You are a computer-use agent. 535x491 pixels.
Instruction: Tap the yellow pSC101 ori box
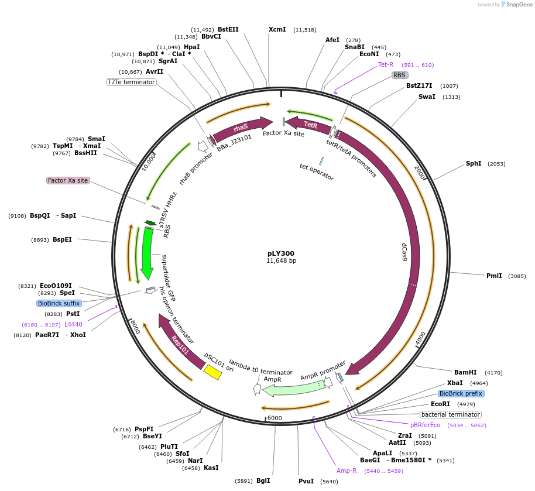click(212, 372)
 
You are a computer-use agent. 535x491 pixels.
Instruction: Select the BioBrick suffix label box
click(59, 303)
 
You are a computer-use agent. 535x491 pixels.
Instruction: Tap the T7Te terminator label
click(131, 82)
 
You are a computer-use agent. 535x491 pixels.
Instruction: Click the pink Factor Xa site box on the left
click(68, 180)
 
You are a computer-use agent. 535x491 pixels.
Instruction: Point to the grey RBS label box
click(399, 75)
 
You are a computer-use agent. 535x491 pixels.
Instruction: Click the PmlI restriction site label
click(494, 276)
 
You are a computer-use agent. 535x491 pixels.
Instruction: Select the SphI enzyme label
click(473, 163)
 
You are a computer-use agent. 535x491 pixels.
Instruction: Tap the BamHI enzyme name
click(465, 372)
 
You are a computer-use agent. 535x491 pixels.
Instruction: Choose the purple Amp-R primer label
click(346, 470)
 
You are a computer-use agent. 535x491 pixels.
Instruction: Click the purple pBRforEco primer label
click(425, 425)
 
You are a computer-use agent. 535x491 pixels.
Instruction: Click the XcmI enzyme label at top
click(277, 29)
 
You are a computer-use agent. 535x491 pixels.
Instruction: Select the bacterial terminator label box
click(451, 414)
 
